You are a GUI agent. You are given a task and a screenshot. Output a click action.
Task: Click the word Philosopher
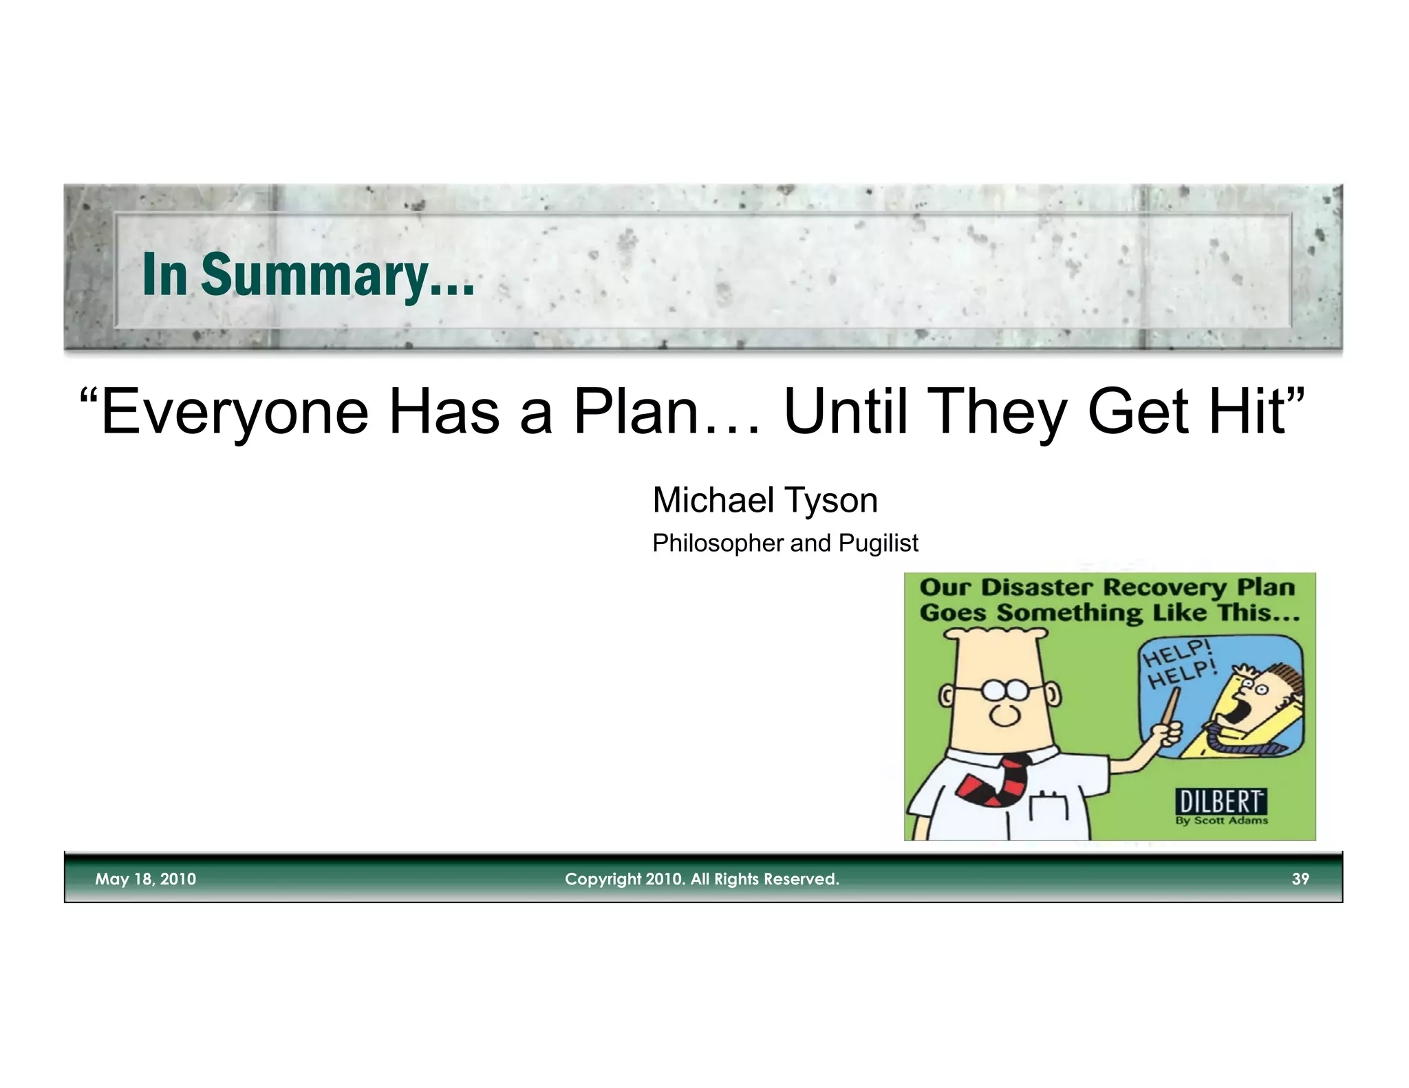pos(717,543)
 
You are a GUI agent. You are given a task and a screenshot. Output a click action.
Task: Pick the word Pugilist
pos(878,543)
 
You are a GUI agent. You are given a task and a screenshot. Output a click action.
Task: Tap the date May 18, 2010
pos(145,879)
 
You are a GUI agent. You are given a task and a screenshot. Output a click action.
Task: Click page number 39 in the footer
pos(1300,879)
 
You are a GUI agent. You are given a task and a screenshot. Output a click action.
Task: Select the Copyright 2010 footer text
pos(702,879)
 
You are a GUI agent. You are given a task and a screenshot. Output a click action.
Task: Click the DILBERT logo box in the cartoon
pos(1220,801)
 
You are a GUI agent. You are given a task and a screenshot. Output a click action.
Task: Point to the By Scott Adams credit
pos(1221,820)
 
